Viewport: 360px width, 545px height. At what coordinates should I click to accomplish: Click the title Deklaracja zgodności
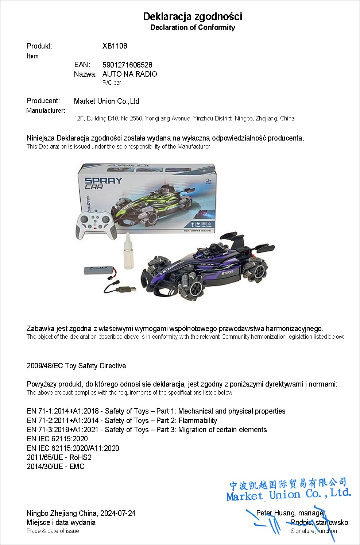[x=193, y=16]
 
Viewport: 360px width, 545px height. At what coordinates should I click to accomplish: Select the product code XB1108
[x=115, y=46]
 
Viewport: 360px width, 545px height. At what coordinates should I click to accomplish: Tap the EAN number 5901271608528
[x=127, y=65]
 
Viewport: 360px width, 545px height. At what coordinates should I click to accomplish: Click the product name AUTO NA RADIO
[x=129, y=74]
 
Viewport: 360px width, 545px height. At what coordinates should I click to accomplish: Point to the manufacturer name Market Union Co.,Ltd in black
[x=107, y=101]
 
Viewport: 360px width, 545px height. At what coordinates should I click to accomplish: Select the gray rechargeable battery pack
[x=97, y=270]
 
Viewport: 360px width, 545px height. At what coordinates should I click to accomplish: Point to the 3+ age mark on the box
[x=209, y=180]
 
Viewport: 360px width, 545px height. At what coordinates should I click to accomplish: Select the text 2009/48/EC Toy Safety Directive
[x=76, y=366]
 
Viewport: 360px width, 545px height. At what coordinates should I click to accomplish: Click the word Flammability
[x=198, y=421]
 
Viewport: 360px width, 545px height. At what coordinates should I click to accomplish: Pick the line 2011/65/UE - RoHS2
[x=59, y=457]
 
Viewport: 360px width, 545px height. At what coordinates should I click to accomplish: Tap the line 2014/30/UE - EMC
[x=55, y=467]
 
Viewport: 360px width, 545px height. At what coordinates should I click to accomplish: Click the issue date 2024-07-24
[x=118, y=513]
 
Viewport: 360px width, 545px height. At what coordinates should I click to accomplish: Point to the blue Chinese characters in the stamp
[x=288, y=484]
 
